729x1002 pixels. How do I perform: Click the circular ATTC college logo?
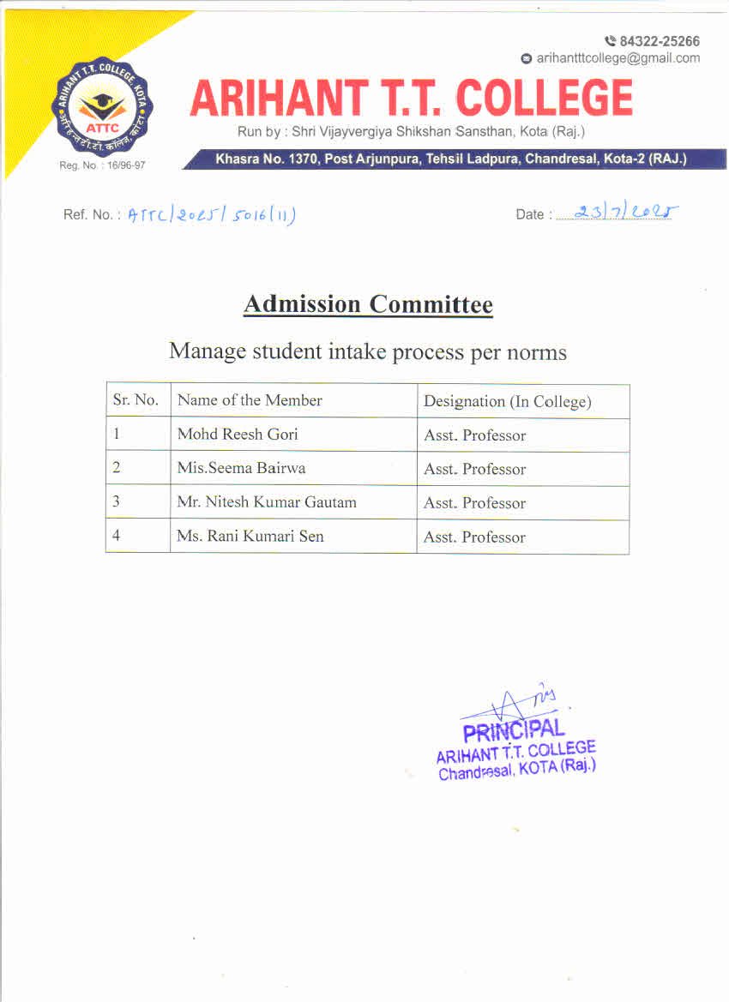[102, 109]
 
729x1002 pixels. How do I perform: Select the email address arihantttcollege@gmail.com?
[618, 58]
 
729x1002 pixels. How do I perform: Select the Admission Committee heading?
[368, 304]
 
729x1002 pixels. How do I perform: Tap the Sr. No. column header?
[136, 400]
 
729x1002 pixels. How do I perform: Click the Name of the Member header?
[250, 400]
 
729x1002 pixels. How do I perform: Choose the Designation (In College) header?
[508, 401]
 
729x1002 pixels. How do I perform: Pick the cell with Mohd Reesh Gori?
[238, 435]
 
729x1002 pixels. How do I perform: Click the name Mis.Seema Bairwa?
[241, 468]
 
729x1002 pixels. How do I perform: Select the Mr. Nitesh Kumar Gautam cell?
[266, 502]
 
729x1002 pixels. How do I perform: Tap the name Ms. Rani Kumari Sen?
[250, 537]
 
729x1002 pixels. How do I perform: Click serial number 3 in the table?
[116, 502]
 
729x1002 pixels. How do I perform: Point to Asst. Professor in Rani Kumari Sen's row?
[474, 537]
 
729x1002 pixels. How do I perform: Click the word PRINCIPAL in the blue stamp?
[514, 731]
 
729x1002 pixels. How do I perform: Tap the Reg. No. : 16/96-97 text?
[102, 165]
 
